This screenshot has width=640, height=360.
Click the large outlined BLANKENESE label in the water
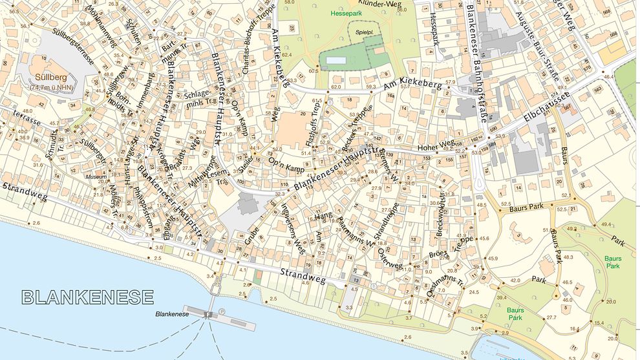tap(88, 297)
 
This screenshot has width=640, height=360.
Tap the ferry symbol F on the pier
tap(208, 315)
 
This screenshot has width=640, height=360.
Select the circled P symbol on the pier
tap(222, 311)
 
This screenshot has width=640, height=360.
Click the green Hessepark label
tap(344, 13)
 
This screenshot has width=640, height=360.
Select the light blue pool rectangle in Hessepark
tap(336, 61)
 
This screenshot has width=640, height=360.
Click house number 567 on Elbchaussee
tap(567, 108)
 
